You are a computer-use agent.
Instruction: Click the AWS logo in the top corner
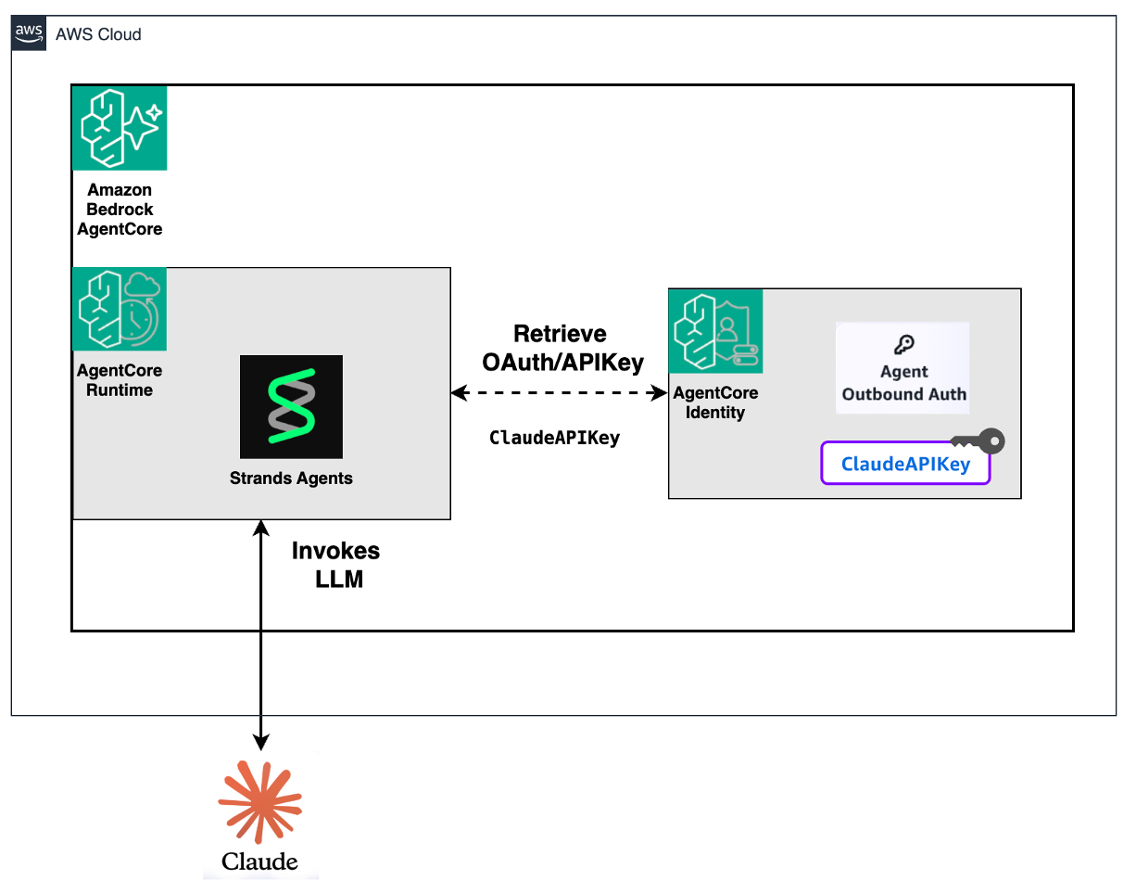coord(29,33)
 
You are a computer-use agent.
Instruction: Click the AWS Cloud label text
coord(98,34)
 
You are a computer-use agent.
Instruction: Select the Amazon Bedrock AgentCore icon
coord(120,128)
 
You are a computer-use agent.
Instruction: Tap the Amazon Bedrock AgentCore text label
coord(120,210)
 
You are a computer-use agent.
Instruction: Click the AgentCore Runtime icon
coord(120,310)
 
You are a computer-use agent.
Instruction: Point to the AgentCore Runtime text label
coord(120,380)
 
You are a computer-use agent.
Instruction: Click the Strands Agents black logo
coord(291,406)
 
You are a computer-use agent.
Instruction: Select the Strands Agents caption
coord(291,479)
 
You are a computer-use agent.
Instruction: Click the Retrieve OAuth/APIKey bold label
coord(562,348)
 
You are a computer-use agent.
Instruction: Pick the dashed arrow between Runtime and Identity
coord(559,394)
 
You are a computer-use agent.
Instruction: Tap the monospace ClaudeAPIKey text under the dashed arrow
coord(554,438)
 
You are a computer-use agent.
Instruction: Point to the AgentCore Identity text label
coord(715,402)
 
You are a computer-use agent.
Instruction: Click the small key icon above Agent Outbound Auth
coord(903,345)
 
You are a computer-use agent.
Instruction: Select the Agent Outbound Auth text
coord(903,383)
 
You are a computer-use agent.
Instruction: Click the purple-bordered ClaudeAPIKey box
coord(905,465)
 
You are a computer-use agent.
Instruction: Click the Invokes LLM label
coord(335,565)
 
